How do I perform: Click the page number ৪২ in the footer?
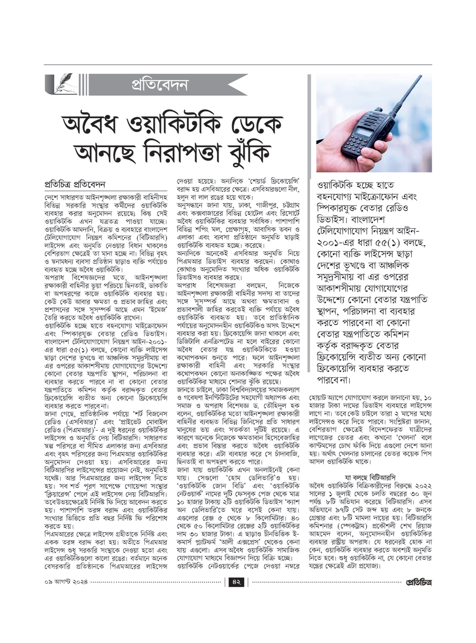[x=237, y=582]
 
